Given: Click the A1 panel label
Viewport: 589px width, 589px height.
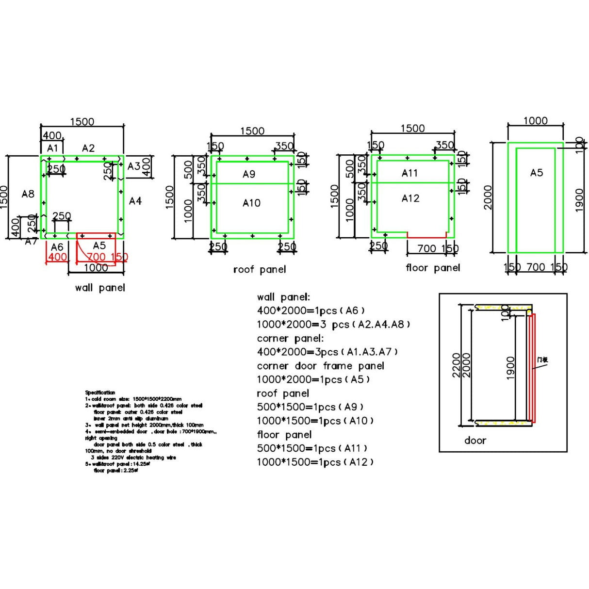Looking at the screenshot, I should pos(52,148).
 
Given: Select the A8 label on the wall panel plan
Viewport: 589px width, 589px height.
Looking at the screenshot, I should pos(28,194).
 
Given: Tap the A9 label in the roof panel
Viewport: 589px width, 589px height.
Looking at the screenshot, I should pos(249,174).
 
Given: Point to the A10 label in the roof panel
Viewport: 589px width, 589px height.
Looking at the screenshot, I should pos(251,203).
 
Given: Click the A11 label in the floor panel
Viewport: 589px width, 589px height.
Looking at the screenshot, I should pos(409,173).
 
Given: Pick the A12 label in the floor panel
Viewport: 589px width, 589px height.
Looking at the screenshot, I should pos(410,198).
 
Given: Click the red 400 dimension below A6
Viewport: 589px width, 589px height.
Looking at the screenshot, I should pos(57,257).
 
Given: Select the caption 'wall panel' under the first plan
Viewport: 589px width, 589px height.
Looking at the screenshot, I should pos(100,288).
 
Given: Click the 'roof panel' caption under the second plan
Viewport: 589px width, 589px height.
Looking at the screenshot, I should pos(260,270).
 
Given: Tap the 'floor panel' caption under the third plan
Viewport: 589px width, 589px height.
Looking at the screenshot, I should pos(433,268).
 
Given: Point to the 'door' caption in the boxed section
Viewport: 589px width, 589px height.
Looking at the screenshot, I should pos(475,441).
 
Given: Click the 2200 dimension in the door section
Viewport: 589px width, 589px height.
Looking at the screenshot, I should pos(456,365).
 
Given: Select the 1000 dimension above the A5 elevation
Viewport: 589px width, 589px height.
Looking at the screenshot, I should pos(535,121).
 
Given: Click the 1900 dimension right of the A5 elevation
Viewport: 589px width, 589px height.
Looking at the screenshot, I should pos(579,200).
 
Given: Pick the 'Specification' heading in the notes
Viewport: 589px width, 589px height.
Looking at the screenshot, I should pos(100,393).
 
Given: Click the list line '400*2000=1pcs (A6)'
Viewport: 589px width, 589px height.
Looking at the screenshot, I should pos(311,311).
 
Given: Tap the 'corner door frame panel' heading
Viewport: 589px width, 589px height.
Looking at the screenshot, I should pos(320,366).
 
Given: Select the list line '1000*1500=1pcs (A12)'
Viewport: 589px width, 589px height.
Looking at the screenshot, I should pos(315,462).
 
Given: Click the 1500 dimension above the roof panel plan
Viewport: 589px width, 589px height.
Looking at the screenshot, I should pos(252,131).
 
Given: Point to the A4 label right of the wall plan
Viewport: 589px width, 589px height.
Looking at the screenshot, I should pos(135,201).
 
